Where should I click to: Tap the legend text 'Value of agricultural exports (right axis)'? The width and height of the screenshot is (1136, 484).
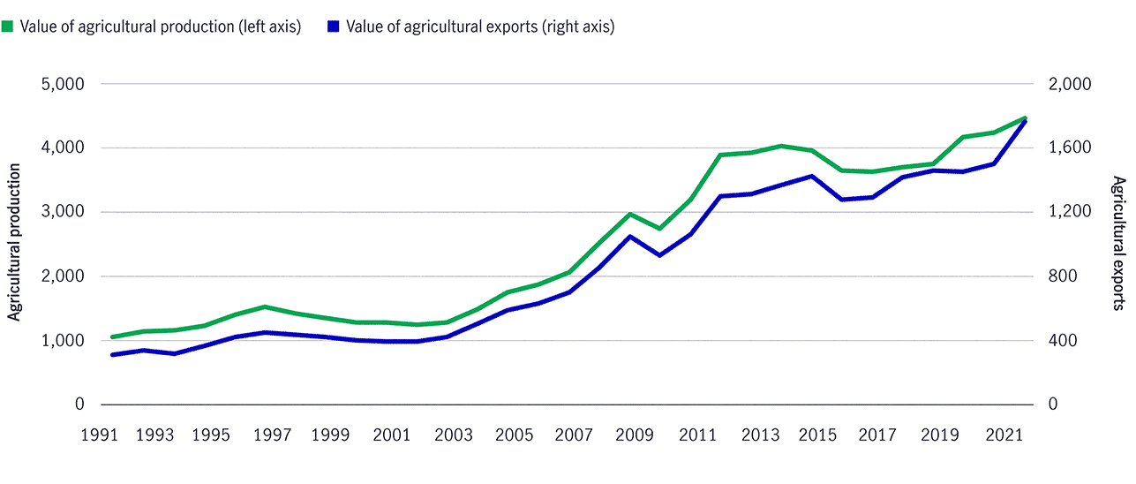point(480,26)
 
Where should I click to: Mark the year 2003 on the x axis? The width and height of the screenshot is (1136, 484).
point(455,435)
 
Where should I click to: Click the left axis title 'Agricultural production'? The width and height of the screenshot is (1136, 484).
point(14,244)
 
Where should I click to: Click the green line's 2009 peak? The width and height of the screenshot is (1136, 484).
point(629,214)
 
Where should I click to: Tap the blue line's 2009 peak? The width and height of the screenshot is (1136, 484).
point(629,236)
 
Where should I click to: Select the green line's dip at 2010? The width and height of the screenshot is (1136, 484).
point(659,229)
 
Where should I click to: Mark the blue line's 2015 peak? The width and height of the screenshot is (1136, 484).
point(811,176)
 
